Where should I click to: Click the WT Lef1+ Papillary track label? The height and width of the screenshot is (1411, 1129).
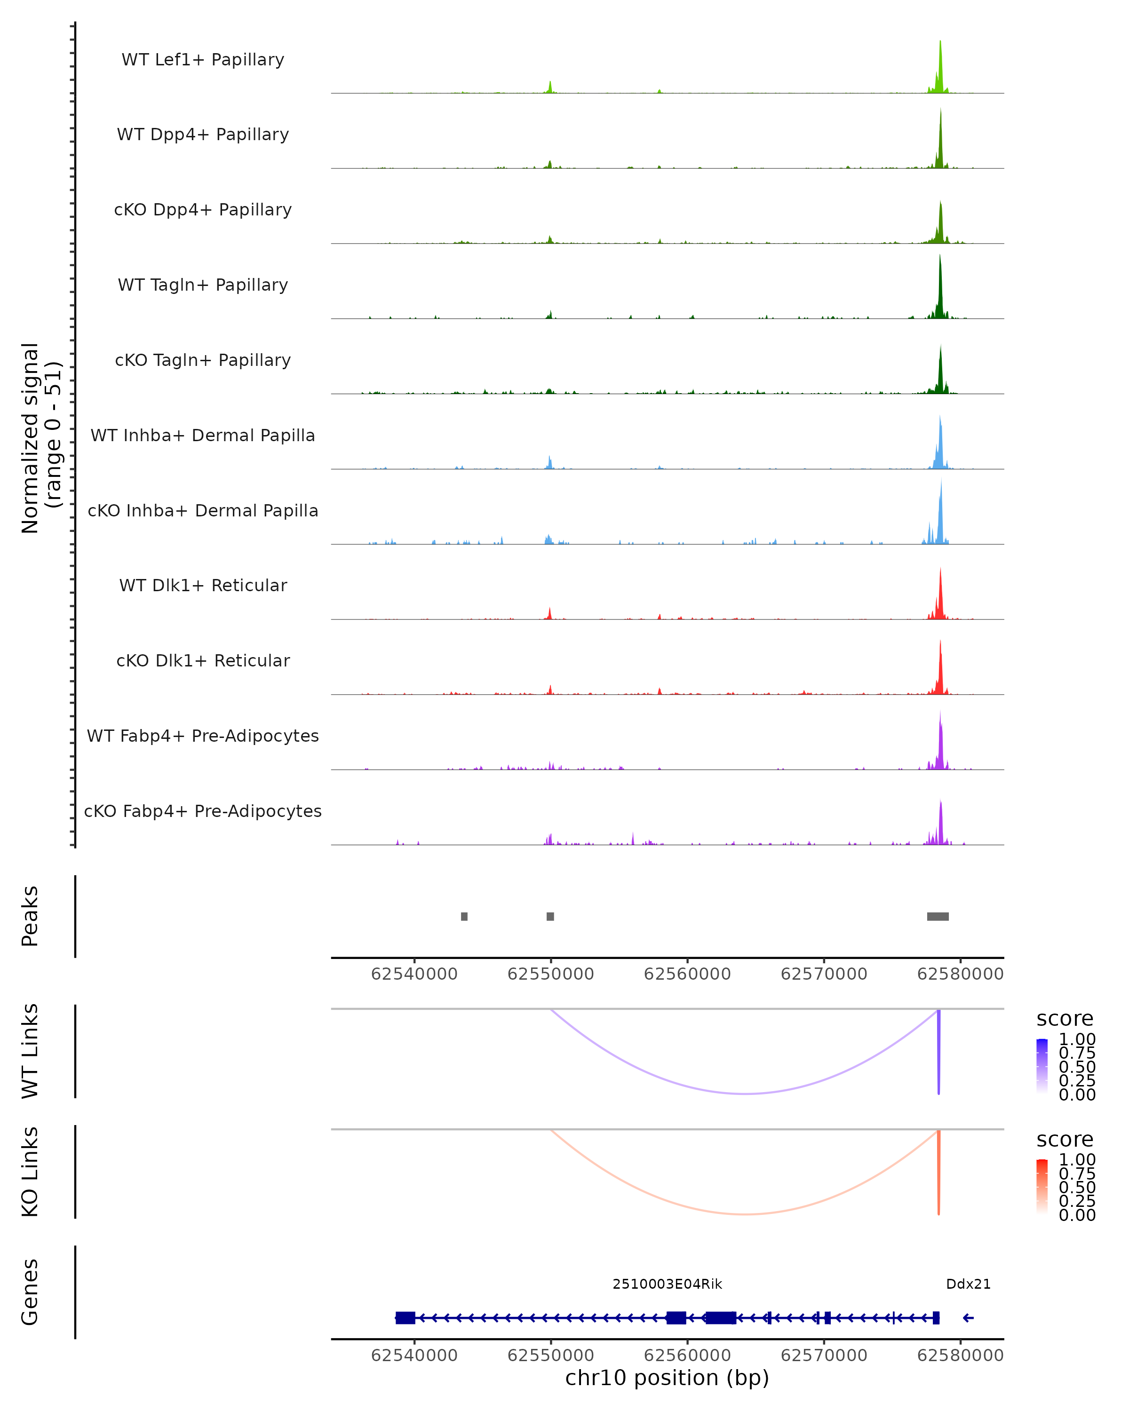tap(203, 60)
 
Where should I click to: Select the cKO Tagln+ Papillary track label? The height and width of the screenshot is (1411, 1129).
tap(203, 360)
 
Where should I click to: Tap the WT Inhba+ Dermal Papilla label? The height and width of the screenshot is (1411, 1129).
tap(203, 435)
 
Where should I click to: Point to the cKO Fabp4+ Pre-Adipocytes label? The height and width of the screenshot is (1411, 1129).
tap(203, 811)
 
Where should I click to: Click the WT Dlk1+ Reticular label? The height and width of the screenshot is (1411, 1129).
tap(203, 585)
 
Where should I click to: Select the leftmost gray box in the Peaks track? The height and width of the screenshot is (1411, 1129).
tap(464, 916)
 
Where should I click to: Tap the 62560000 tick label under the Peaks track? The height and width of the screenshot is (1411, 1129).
tap(687, 974)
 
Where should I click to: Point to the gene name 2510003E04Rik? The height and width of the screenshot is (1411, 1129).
tap(667, 1284)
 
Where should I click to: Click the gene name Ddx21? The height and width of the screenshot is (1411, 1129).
tap(968, 1284)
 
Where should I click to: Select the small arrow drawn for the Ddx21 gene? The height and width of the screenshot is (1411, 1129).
tap(968, 1317)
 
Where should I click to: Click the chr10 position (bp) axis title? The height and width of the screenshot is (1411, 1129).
tap(667, 1378)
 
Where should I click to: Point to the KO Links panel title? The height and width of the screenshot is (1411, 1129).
tap(30, 1172)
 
